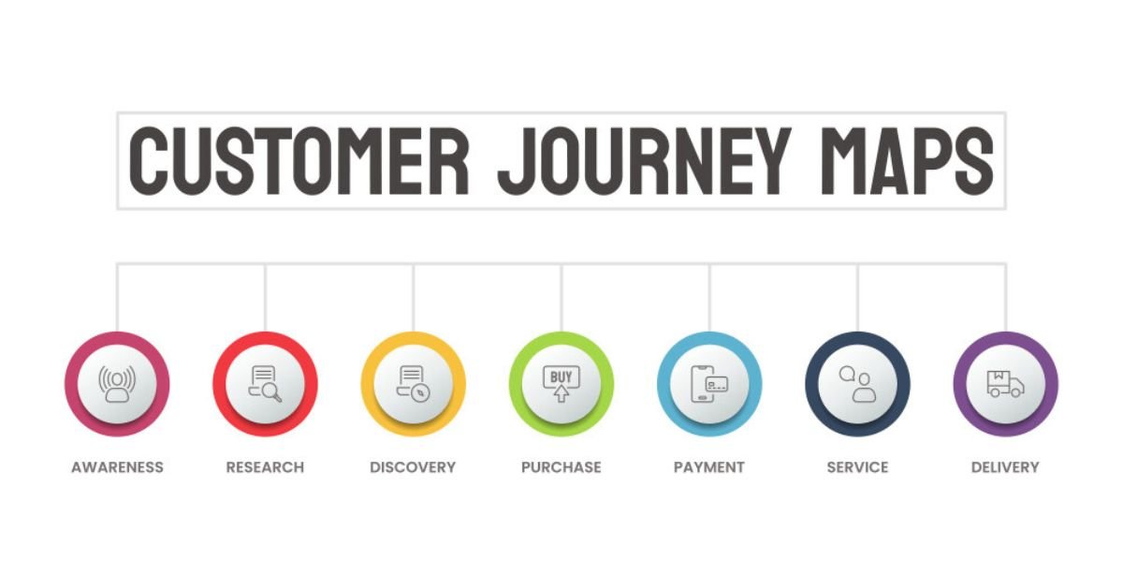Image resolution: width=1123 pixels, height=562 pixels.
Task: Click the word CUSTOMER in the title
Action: (299, 161)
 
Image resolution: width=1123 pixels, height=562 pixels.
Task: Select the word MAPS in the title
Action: (907, 161)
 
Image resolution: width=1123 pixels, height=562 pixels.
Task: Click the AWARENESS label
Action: (117, 467)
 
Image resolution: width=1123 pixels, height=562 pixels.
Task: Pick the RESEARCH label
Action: (265, 467)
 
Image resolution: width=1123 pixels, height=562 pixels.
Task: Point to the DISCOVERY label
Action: (413, 467)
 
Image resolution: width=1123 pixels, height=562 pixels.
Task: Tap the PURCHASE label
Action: (561, 467)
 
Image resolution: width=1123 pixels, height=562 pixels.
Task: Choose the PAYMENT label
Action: (709, 467)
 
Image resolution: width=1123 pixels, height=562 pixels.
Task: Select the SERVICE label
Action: (858, 467)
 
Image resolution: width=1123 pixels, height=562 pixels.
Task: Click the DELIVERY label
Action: (1006, 467)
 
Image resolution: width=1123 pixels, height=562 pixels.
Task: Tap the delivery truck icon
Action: (1006, 384)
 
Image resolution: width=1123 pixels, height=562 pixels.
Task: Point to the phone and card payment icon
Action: (709, 384)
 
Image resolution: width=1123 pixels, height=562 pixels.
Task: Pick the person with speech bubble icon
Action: (858, 384)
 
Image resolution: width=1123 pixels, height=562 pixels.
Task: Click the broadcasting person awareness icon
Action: (117, 384)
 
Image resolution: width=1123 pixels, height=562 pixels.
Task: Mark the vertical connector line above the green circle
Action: (561, 297)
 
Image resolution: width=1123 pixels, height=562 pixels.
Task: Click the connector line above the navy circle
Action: (858, 297)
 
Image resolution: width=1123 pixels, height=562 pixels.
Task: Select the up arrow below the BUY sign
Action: (561, 394)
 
